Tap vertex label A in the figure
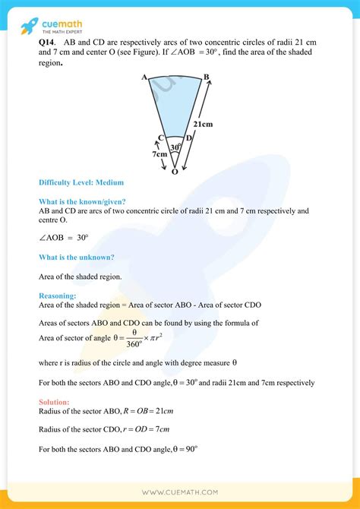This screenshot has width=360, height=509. point(144,77)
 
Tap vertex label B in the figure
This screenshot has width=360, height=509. point(206,77)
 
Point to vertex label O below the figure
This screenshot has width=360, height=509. point(175,172)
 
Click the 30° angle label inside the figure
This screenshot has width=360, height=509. point(175,147)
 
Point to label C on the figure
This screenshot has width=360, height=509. point(161,138)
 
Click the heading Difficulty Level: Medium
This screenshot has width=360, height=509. point(81,183)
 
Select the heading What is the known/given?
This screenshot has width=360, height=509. point(82,201)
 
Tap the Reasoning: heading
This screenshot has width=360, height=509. point(58,296)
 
